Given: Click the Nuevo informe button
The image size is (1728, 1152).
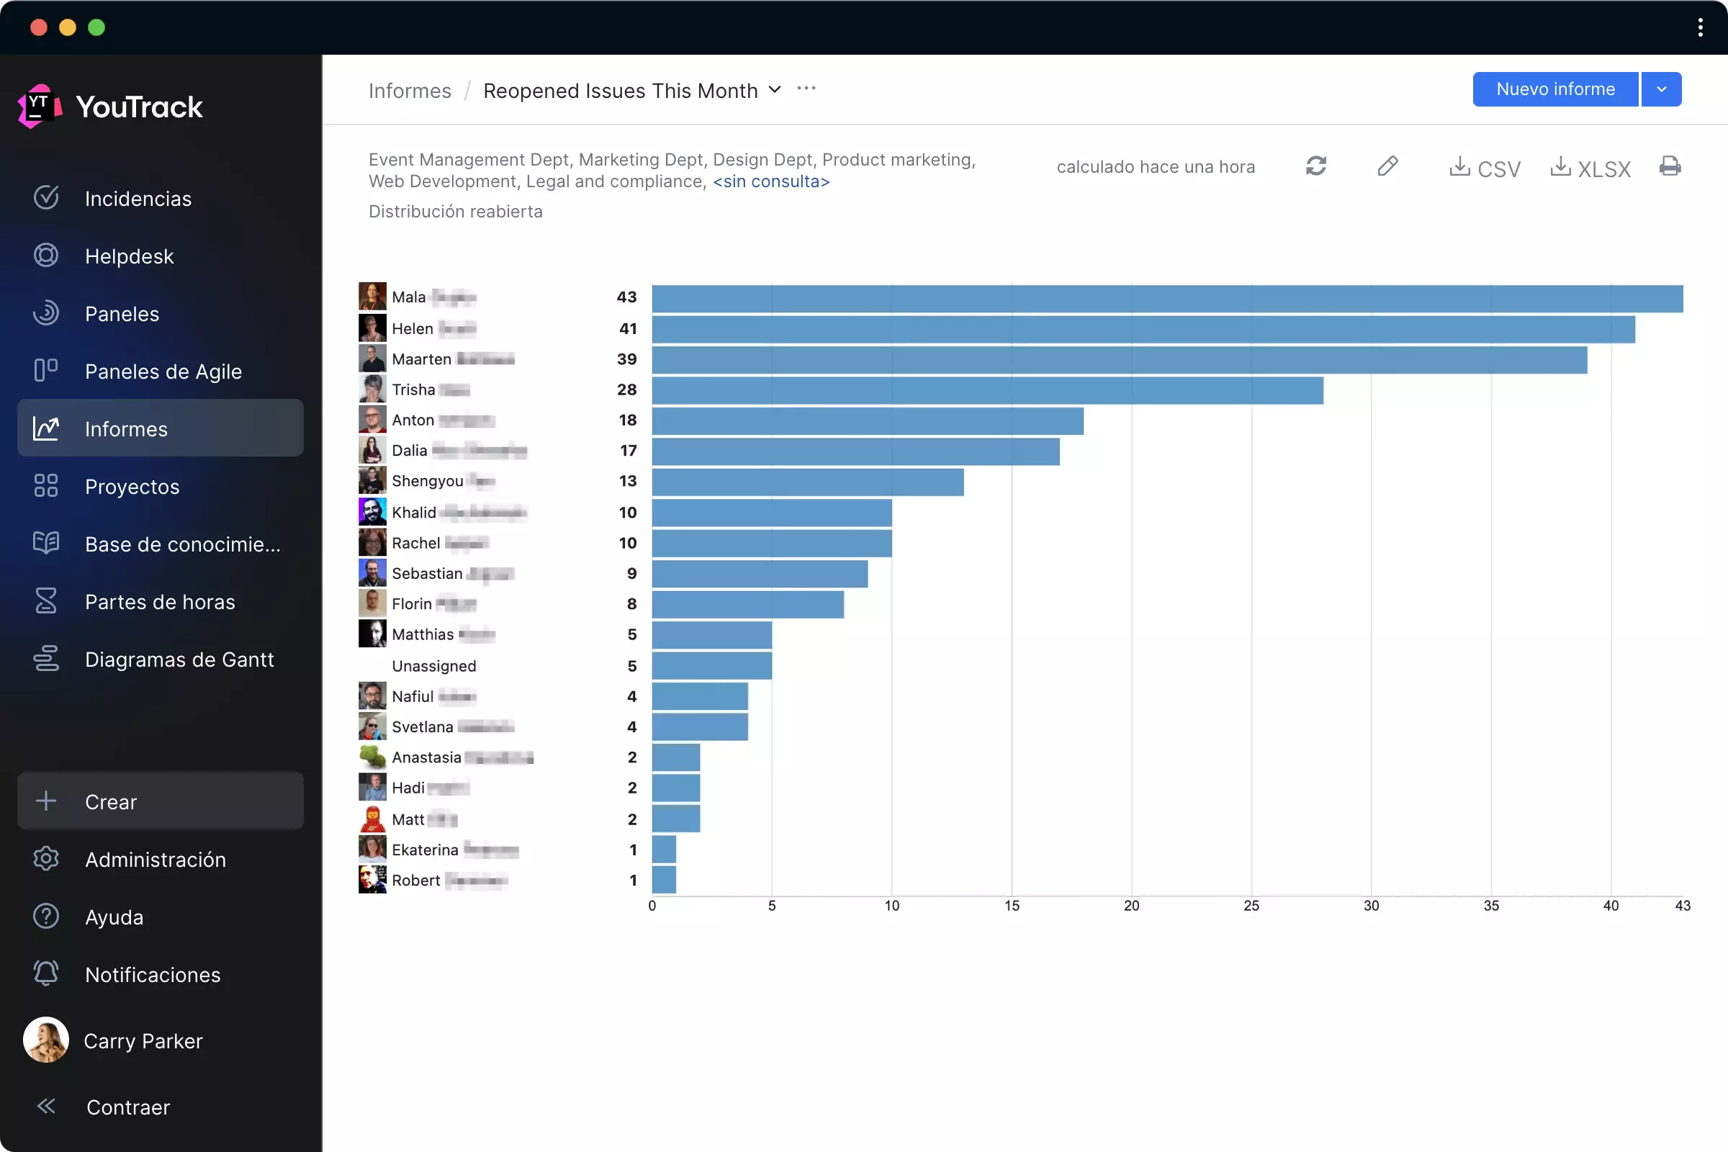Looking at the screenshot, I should point(1554,89).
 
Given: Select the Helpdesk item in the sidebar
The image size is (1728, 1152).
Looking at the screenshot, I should point(130,256).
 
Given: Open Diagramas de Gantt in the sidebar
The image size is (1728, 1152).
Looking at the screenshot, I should point(179,660).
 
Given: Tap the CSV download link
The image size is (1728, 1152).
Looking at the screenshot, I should point(1485,168).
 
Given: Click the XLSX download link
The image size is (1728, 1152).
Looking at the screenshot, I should point(1590,168).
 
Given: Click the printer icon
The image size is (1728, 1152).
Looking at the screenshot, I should point(1670,167).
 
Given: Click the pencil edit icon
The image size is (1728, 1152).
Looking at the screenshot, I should point(1387,167).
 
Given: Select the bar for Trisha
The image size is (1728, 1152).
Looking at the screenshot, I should point(987,391).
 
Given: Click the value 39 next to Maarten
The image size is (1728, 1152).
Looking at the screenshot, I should point(626,359).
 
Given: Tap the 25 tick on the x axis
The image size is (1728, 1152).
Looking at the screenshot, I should point(1251,906).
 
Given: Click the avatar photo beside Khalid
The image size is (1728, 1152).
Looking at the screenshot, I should point(372,512).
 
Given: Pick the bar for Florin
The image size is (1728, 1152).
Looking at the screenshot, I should point(748,605).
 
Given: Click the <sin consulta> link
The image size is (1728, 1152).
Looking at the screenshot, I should point(770,181).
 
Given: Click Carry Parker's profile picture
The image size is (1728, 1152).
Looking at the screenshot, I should point(45,1040).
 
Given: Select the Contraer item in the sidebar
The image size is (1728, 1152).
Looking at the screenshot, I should point(128,1107).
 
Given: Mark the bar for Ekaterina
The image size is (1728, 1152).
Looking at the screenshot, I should point(664,850).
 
